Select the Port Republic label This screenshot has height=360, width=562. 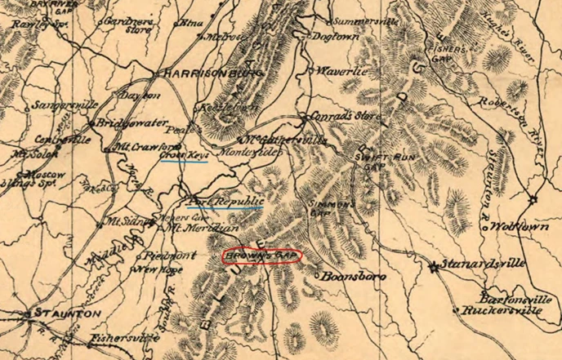(225, 200)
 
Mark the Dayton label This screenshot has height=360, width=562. (139, 96)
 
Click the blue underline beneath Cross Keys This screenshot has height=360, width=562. (183, 161)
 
